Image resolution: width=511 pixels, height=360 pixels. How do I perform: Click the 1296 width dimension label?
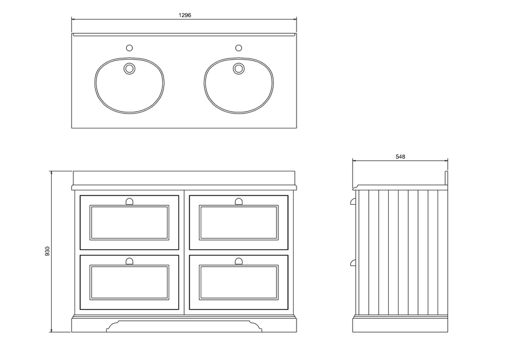184,15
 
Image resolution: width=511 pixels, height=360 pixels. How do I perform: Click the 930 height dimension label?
48,252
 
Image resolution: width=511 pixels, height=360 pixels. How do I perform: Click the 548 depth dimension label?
400,156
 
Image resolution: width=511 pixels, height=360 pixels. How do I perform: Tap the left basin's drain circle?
129,69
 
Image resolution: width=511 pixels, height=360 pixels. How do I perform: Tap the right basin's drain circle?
238,69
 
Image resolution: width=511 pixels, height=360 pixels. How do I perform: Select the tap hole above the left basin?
129,48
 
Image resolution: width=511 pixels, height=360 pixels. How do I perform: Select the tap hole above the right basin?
238,48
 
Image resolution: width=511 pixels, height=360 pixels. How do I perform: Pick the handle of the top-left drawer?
129,201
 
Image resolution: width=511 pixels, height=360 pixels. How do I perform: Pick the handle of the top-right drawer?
239,201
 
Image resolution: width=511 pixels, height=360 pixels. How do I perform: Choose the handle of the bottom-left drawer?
129,261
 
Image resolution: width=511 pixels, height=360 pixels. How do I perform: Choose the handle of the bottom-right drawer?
239,261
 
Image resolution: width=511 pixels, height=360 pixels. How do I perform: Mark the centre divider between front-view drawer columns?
184,252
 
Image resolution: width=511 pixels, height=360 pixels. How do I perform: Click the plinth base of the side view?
400,325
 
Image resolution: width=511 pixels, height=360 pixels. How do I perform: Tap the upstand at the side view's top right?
446,177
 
